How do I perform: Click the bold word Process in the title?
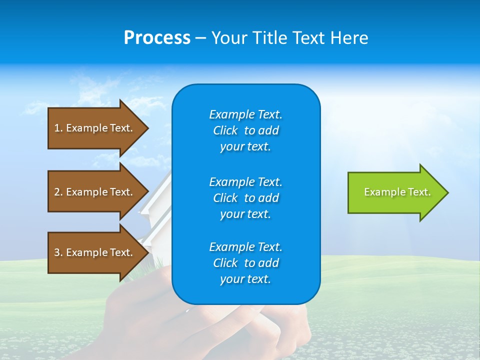(x=157, y=37)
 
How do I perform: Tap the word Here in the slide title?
(x=349, y=37)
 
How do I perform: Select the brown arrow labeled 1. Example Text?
(x=95, y=128)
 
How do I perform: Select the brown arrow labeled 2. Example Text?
(x=95, y=192)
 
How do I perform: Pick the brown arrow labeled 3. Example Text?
(x=95, y=252)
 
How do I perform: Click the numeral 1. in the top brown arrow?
(x=58, y=128)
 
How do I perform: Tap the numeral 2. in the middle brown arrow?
(x=58, y=192)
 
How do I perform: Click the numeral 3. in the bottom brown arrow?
(x=58, y=252)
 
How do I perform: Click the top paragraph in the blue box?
(x=245, y=130)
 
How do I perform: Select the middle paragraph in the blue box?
(x=245, y=198)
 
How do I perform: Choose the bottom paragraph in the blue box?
(x=245, y=263)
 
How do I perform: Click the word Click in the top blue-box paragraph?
(x=225, y=130)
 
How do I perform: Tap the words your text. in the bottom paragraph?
(x=245, y=279)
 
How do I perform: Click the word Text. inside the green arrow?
(x=419, y=192)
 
